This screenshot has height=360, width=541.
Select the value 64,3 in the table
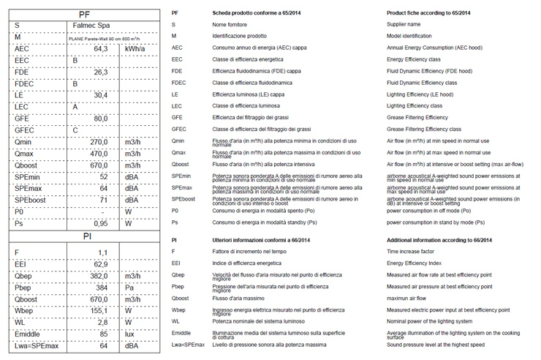pyautogui.click(x=101, y=48)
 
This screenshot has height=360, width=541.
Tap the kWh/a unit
pyautogui.click(x=137, y=48)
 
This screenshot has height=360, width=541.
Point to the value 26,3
pyautogui.click(x=101, y=72)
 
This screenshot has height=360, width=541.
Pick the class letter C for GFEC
pyautogui.click(x=75, y=130)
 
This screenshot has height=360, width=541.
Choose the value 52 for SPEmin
pyautogui.click(x=104, y=177)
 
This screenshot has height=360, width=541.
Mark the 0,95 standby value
pyautogui.click(x=101, y=224)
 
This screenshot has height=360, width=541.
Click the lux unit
pyautogui.click(x=131, y=334)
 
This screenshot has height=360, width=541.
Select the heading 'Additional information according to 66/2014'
pyautogui.click(x=439, y=241)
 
